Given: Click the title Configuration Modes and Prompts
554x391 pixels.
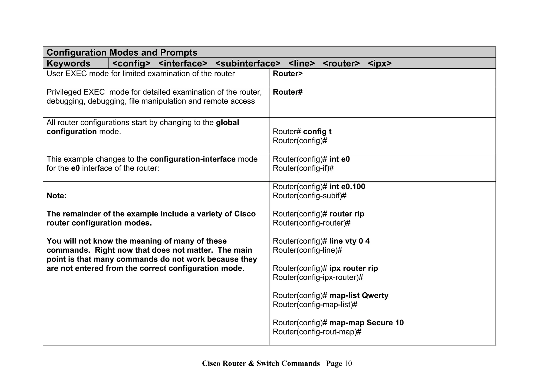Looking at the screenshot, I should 122,52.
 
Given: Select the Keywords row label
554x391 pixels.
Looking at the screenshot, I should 68,64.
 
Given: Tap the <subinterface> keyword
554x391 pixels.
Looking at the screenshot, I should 248,64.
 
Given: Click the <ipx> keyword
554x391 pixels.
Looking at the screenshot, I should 380,64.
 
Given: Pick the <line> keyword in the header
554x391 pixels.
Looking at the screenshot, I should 302,64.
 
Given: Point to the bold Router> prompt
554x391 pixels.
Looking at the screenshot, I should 288,73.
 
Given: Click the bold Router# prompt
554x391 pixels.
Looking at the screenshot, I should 288,92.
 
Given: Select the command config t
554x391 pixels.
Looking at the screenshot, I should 317,132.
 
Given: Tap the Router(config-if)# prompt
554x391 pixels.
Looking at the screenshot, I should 303,168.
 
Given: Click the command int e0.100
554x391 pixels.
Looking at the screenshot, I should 347,187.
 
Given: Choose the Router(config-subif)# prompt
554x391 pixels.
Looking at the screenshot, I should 309,196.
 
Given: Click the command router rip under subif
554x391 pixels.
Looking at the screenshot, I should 347,214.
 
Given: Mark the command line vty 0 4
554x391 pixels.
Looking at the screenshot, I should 349,241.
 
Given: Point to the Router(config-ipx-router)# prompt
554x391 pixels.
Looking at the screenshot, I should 318,278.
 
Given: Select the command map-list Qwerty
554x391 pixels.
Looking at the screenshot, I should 359,296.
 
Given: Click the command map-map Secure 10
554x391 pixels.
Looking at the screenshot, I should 366,323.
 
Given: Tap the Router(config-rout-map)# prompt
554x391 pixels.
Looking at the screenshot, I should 317,332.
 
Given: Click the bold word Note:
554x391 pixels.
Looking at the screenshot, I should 57,196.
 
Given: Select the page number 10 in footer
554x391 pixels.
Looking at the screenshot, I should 348,364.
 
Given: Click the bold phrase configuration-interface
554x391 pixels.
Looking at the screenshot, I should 192,159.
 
